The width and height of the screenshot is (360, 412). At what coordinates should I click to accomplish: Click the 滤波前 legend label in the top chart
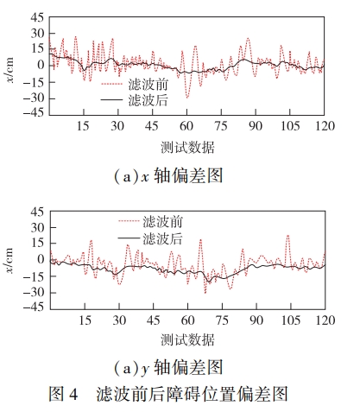coord(148,85)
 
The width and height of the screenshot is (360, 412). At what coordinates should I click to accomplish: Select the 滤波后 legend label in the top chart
coord(148,100)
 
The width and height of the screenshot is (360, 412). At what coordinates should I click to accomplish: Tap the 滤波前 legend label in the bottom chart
coord(162,222)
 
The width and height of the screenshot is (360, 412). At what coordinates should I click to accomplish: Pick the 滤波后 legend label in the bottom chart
coord(162,238)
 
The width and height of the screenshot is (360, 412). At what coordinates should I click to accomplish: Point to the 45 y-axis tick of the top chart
coord(37,18)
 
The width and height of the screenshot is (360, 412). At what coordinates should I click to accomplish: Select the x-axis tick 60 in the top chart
coord(186,126)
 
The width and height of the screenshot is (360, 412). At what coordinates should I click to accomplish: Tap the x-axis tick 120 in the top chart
coord(325,126)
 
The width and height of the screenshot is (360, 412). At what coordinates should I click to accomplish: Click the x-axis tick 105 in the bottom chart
coord(291,320)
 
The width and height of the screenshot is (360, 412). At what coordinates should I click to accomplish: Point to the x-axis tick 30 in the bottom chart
coord(119,320)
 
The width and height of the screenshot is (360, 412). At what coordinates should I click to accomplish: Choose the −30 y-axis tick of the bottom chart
coord(34,292)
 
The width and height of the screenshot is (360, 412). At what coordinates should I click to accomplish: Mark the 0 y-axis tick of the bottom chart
coord(41,259)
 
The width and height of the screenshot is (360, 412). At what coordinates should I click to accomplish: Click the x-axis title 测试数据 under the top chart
coord(187,148)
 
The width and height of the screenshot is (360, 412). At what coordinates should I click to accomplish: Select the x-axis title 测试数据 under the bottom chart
coord(187,340)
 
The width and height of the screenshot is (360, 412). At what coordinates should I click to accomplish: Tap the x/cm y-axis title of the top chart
coord(9,70)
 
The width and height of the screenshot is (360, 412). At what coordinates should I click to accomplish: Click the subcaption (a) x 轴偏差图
coord(168,175)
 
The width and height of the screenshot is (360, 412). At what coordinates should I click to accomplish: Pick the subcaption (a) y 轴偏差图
coord(168,368)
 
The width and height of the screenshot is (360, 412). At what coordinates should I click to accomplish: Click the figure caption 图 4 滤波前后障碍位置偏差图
coord(168,394)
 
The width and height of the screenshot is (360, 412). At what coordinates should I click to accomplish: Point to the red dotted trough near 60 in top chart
coord(187,98)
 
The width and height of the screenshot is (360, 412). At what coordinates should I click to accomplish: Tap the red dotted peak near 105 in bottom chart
coord(287,236)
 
